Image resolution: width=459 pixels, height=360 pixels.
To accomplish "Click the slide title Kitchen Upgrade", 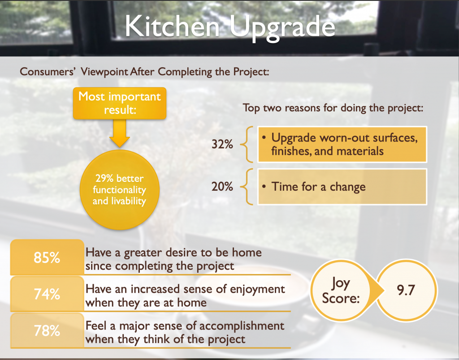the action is (230, 27).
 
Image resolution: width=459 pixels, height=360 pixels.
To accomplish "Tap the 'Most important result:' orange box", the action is (119, 103).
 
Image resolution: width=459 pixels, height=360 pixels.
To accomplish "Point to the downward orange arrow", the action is (119, 133).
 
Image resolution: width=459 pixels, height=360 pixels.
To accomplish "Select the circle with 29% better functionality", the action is (119, 189).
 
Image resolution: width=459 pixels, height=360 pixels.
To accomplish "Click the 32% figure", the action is (222, 144).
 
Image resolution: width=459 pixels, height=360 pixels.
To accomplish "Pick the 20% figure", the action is (222, 187).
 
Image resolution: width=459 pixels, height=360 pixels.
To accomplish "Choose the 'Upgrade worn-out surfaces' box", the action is (342, 145).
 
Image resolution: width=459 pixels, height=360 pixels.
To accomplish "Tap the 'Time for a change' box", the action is (342, 187).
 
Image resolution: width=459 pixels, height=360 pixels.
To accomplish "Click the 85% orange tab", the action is (47, 257).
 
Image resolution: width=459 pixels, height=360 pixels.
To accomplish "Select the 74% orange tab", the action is (47, 294).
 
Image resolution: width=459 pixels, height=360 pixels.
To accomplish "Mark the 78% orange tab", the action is (47, 330).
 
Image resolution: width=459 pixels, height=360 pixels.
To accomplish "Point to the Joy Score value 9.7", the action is (406, 290).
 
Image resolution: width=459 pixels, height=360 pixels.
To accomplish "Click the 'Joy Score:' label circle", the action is (341, 291).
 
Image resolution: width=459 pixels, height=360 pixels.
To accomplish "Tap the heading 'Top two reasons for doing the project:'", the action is (333, 108).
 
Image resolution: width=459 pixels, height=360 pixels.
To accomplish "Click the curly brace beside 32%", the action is (247, 144).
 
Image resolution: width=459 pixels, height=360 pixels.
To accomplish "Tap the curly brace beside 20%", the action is (247, 187).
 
